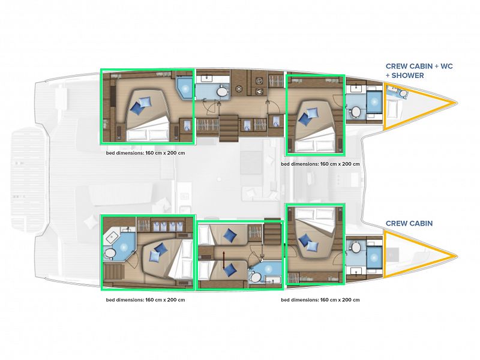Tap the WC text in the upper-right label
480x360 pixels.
pyautogui.click(x=446, y=67)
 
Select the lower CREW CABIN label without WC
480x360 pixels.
pyautogui.click(x=409, y=223)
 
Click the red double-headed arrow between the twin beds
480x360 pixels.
pyautogui.click(x=223, y=260)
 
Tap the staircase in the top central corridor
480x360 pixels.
pyautogui.click(x=228, y=128)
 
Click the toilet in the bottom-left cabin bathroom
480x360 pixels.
pyautogui.click(x=110, y=253)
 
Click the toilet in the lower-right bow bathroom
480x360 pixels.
pyautogui.click(x=355, y=247)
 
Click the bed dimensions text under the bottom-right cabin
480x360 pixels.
pyautogui.click(x=320, y=299)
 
